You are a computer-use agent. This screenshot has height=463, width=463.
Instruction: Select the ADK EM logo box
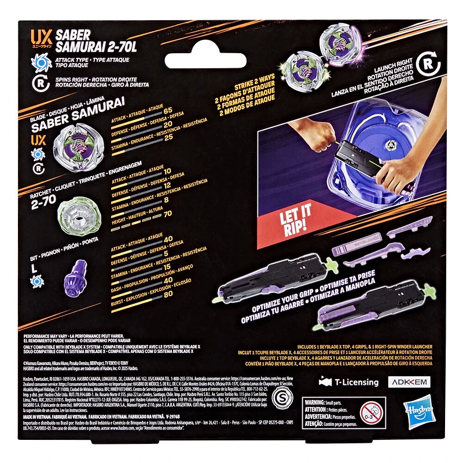coord(413,382)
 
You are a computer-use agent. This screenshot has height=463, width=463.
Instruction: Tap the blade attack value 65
coord(168,110)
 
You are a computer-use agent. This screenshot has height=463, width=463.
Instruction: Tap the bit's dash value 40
coord(168,280)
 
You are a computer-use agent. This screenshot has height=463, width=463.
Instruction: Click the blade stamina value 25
coord(168,138)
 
